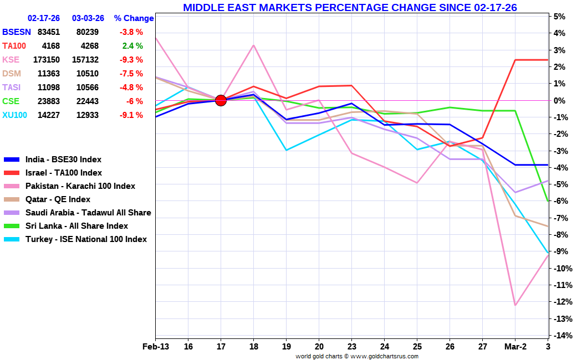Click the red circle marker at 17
click(x=221, y=100)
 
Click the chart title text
click(x=350, y=7)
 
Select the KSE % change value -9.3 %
click(x=131, y=60)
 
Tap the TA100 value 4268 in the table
click(x=85, y=46)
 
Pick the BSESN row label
click(x=17, y=32)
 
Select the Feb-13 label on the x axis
click(x=155, y=347)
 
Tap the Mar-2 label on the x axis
click(x=515, y=347)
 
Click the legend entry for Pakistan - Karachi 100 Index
click(x=80, y=186)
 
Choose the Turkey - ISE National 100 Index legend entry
click(x=86, y=239)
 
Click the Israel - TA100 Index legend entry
click(x=63, y=173)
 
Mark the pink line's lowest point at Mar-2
click(x=515, y=305)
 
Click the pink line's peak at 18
click(x=254, y=45)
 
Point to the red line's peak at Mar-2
click(x=515, y=60)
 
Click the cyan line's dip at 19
click(x=287, y=150)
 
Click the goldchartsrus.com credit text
click(x=357, y=356)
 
